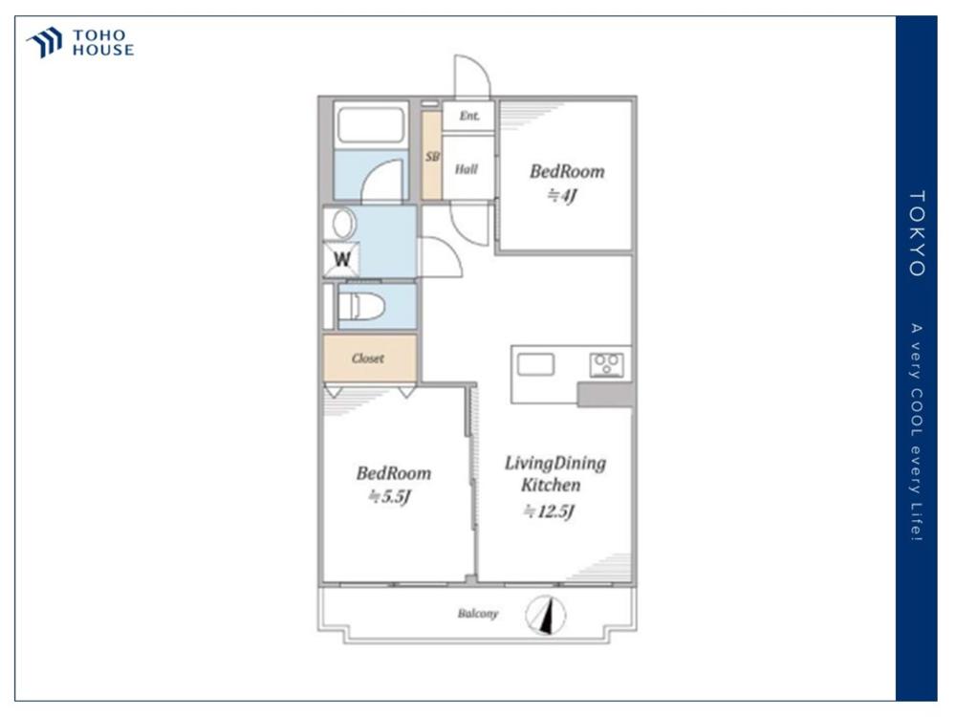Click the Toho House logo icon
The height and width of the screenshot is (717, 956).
[x=44, y=42]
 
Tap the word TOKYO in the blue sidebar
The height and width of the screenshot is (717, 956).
[x=917, y=233]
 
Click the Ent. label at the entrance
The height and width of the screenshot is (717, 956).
[x=469, y=116]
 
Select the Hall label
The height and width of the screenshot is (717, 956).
[x=467, y=169]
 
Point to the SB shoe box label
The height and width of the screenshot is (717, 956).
[x=432, y=157]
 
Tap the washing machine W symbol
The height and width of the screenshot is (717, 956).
[x=341, y=259]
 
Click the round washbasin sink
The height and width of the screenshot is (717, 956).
[x=343, y=224]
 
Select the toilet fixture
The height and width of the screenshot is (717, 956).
[x=361, y=306]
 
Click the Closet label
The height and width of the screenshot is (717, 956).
[x=368, y=358]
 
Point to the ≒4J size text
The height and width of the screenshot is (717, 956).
[x=561, y=196]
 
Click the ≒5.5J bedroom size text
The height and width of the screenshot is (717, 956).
[x=390, y=497]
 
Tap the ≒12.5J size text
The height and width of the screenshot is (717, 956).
[x=550, y=511]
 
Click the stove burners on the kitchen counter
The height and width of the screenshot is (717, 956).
[x=607, y=364]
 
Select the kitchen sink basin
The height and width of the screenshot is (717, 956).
[x=536, y=364]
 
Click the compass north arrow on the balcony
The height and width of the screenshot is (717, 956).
[x=546, y=615]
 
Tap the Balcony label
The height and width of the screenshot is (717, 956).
[x=478, y=614]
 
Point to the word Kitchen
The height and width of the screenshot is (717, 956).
[x=551, y=486]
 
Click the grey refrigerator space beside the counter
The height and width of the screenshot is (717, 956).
[x=605, y=395]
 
